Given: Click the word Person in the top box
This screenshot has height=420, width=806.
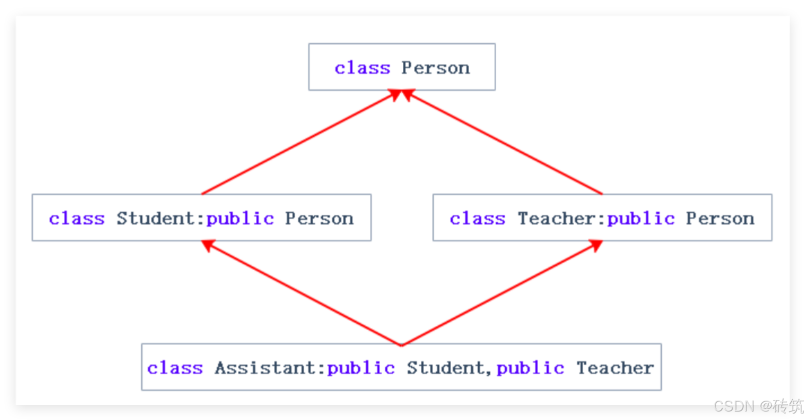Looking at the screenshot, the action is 435,68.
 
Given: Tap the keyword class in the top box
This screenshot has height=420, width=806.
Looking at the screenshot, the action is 362,68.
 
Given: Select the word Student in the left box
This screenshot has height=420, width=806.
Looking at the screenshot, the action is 155,218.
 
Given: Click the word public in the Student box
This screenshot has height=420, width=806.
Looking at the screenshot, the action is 240,219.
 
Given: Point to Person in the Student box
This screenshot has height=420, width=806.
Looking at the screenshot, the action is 319,218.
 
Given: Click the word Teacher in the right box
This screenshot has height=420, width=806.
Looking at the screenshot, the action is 556,218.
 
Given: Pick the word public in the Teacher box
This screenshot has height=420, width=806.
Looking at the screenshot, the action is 641,219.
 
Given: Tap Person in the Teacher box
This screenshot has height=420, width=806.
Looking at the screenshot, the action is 720,218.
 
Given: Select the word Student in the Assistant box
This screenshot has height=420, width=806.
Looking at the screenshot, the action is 445,368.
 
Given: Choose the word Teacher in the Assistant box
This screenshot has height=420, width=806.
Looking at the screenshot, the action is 615,368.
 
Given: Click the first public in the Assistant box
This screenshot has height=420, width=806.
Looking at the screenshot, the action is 360,368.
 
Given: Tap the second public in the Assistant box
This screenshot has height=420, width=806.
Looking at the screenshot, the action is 530,368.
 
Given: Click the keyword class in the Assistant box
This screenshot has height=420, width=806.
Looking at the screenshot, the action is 175,368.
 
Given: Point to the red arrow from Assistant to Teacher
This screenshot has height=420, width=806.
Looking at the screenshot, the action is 500,293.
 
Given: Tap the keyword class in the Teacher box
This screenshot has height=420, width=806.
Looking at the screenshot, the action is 477,218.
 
